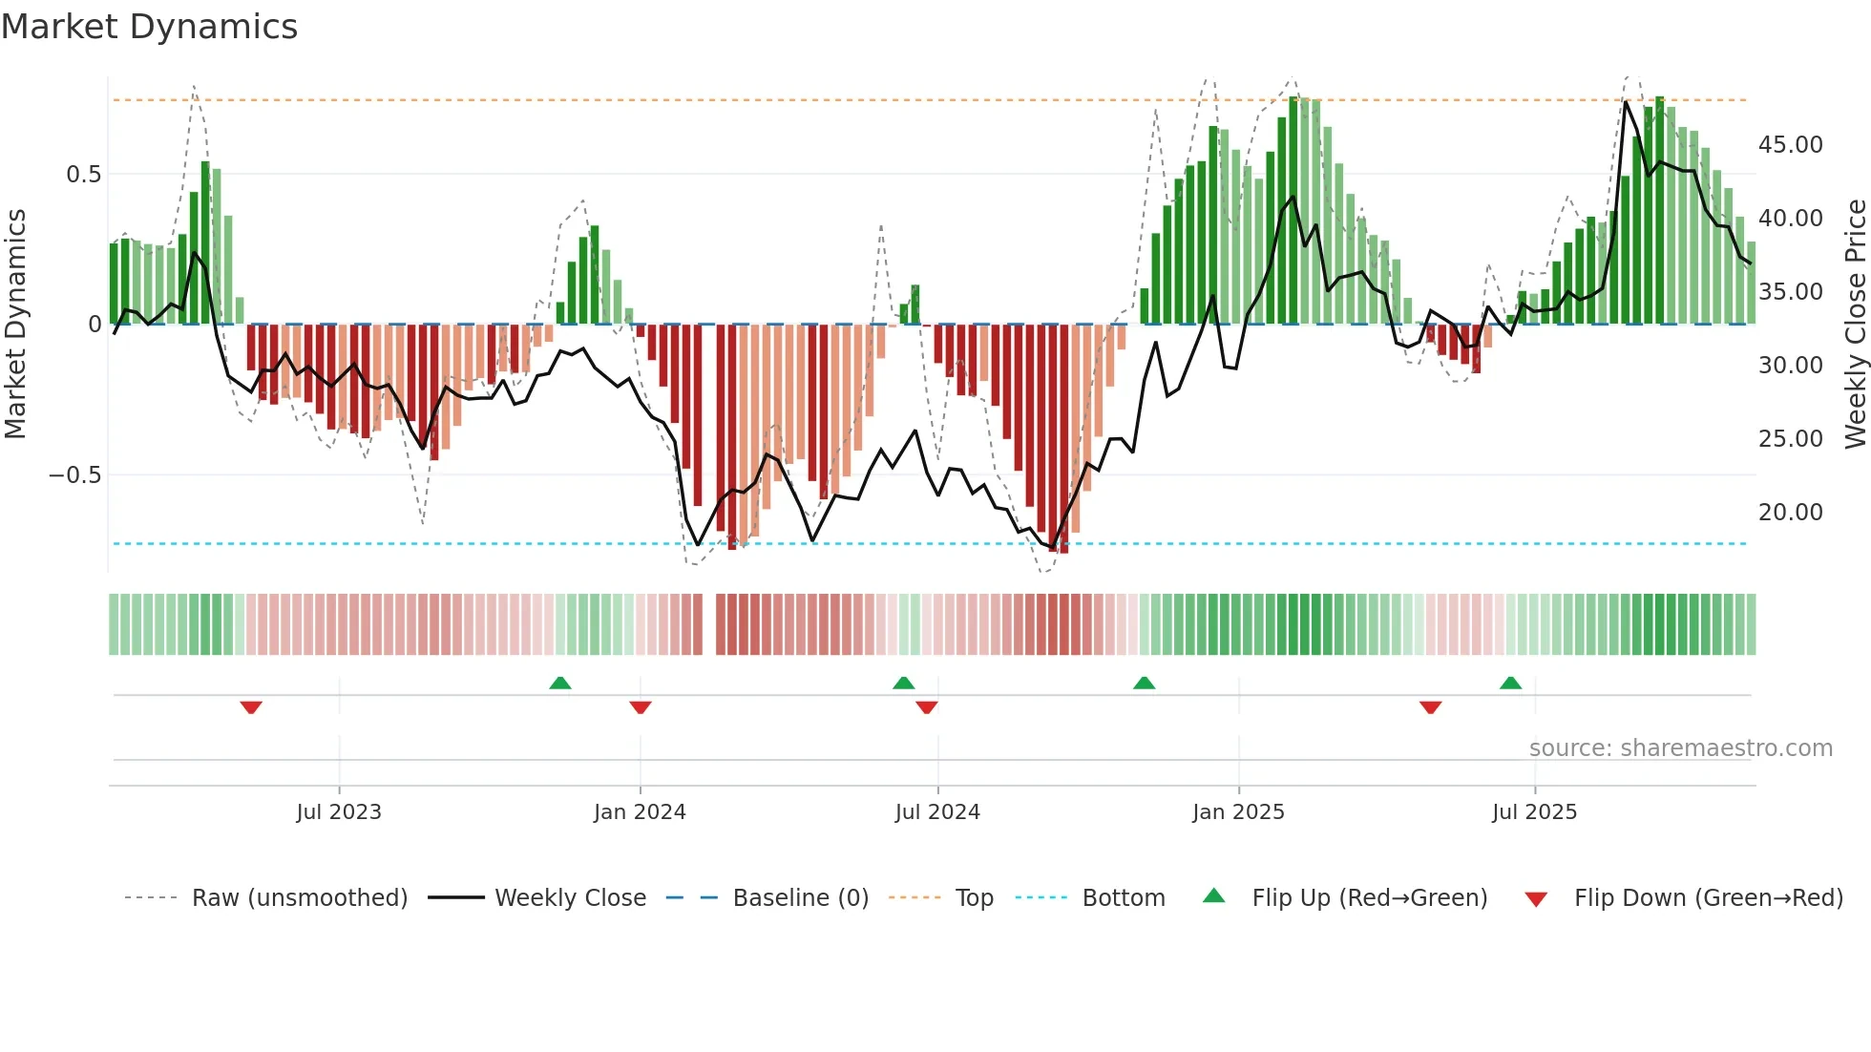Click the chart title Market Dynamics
click(149, 27)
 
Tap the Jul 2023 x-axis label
click(339, 811)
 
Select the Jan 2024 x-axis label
click(640, 811)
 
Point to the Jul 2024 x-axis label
click(937, 811)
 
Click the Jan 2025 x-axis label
click(1238, 811)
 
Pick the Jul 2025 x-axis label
click(1534, 811)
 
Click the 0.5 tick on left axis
click(83, 175)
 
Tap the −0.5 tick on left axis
click(75, 475)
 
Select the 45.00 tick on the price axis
click(1790, 145)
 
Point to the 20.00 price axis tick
click(1790, 513)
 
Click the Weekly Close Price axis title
click(1855, 324)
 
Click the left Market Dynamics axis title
click(15, 324)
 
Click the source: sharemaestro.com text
click(1680, 748)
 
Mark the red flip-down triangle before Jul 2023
click(251, 707)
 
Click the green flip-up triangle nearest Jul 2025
click(1510, 683)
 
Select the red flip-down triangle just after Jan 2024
click(641, 707)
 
